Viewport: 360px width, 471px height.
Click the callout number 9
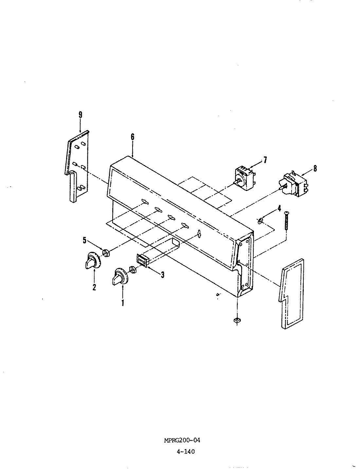click(x=80, y=115)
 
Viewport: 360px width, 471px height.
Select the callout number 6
click(x=133, y=137)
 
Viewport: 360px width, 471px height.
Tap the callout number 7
click(x=265, y=160)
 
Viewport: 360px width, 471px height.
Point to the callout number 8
click(x=315, y=168)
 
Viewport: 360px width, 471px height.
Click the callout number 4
click(x=279, y=208)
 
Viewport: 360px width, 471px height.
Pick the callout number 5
click(x=84, y=241)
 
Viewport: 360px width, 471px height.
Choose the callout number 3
click(x=162, y=275)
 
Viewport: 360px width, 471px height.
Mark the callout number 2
click(x=94, y=288)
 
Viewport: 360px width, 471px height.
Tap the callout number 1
click(x=123, y=303)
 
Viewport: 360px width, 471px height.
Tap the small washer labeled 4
click(x=261, y=221)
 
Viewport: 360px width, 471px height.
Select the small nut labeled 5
click(x=106, y=253)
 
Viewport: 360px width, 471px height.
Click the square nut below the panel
click(x=236, y=321)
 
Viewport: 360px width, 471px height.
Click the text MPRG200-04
click(x=182, y=440)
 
